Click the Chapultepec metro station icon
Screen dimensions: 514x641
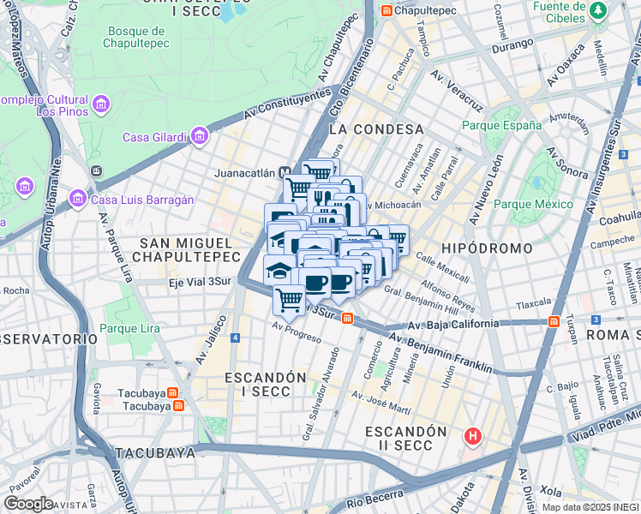click(386, 10)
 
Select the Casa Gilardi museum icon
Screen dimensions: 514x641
click(199, 136)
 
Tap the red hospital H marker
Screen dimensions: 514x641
click(471, 437)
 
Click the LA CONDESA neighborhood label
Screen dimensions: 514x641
click(376, 128)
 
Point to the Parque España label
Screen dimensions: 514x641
click(501, 125)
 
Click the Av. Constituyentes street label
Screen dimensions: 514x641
click(287, 105)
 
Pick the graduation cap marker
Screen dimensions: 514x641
click(279, 270)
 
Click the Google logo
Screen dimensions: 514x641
click(28, 504)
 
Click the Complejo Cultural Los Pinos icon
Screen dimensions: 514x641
click(101, 105)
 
